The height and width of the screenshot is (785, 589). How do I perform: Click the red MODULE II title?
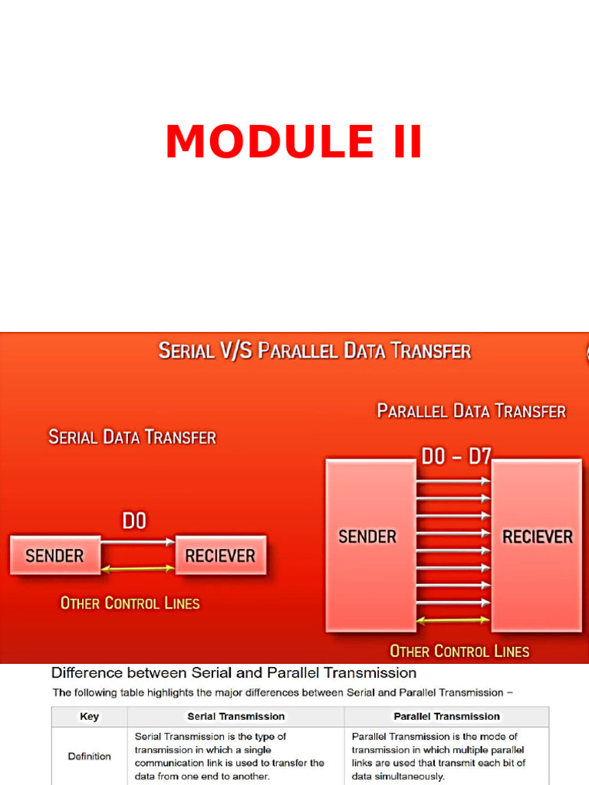coord(294,143)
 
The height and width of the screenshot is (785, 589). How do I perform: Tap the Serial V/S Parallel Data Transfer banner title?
coord(314,352)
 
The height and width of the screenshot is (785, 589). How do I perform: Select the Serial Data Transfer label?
coord(132,438)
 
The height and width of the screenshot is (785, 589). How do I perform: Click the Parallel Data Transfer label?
coord(471,412)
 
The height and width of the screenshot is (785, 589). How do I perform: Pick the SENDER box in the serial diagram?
coord(54,555)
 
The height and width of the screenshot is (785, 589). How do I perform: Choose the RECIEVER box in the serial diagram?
coord(220,555)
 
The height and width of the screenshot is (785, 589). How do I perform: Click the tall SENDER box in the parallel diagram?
coord(368,544)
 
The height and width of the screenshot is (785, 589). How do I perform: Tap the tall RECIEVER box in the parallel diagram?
coord(537,544)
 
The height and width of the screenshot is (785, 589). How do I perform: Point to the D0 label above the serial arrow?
coord(134,521)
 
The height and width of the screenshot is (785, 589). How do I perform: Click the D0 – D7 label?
coord(456,457)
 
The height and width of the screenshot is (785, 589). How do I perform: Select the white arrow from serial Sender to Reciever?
coord(138,542)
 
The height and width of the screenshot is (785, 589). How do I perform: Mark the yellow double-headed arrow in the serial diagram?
coord(138,568)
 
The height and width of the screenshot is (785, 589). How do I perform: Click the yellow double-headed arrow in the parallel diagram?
coord(453,619)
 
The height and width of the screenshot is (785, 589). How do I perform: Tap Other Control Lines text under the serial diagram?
coord(130,603)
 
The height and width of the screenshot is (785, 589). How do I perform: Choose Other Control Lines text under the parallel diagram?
coord(459,652)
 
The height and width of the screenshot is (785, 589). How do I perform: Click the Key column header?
coord(89,717)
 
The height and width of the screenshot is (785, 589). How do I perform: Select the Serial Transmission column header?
coord(235,717)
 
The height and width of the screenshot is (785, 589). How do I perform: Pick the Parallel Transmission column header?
coord(446,717)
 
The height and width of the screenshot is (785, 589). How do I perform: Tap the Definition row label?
coord(89,757)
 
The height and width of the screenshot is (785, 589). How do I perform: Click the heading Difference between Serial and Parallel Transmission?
coord(234,673)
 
